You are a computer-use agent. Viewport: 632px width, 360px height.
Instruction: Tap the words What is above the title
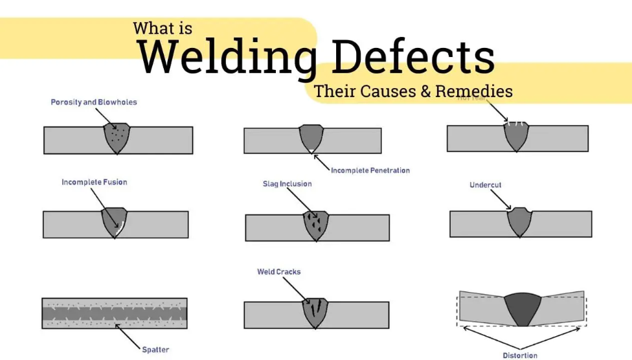click(x=163, y=28)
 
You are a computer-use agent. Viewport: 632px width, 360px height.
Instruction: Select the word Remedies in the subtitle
click(x=474, y=91)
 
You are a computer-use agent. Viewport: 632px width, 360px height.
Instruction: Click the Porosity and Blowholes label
click(x=94, y=102)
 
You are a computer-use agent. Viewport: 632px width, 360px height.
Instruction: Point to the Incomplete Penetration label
click(x=370, y=170)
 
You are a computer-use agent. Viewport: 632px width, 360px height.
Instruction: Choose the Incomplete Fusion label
click(x=94, y=182)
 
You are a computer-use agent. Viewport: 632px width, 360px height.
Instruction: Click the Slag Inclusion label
click(x=287, y=184)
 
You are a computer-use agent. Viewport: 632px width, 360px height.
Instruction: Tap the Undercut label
click(x=486, y=185)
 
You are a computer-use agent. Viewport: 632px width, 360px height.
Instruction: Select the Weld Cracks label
click(x=279, y=272)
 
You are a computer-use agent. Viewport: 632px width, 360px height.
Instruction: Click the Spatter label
click(x=155, y=350)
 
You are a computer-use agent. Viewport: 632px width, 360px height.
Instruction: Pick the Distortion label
click(x=520, y=355)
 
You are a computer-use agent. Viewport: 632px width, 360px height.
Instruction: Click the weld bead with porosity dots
click(x=117, y=137)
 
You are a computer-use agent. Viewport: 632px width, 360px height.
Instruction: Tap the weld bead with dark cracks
click(x=315, y=311)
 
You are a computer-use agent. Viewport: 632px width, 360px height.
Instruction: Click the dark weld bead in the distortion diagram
click(x=522, y=308)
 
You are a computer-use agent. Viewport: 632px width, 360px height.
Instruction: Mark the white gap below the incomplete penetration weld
click(x=312, y=151)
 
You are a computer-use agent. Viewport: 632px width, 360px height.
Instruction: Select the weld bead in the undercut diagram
click(x=519, y=221)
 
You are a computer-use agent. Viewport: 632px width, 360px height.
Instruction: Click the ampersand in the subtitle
click(x=425, y=91)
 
